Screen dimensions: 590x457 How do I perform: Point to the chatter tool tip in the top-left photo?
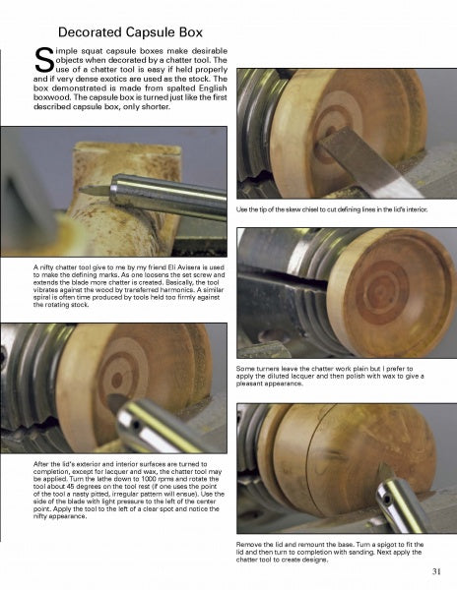point(91,186)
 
